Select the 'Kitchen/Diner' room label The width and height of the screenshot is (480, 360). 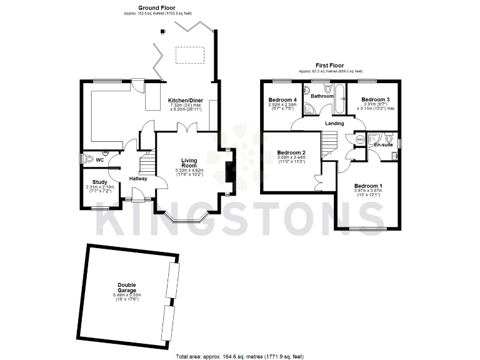click(186, 100)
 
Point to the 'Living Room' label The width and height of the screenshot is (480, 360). click(189, 163)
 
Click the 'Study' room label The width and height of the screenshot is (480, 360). click(100, 182)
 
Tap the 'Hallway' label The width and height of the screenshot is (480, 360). click(138, 179)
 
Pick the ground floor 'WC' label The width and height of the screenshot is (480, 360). click(99, 159)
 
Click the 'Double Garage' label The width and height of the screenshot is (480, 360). click(127, 286)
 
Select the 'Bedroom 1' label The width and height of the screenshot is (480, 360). click(368, 186)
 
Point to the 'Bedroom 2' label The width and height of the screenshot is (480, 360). click(291, 153)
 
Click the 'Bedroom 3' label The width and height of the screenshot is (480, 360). click(376, 99)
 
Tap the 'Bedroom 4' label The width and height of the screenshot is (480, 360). click(282, 100)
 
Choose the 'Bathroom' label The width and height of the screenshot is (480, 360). click(322, 96)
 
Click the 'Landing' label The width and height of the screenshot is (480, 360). click(334, 123)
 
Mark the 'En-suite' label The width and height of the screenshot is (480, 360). click(383, 145)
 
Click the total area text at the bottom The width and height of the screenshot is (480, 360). click(239, 356)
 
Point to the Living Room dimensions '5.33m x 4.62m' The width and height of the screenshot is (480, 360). click(189, 170)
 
